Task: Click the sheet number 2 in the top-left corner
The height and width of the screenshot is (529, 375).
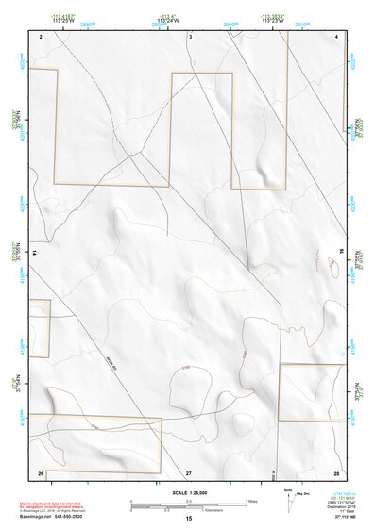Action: click(42, 36)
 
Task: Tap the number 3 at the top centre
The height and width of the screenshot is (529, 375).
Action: click(190, 36)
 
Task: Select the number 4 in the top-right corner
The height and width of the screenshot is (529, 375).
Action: click(337, 36)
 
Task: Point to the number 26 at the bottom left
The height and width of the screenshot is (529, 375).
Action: click(41, 471)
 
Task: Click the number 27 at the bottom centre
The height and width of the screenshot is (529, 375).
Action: click(189, 471)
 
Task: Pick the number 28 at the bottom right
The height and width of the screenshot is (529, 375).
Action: click(336, 471)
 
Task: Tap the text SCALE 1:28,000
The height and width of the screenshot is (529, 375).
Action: click(189, 493)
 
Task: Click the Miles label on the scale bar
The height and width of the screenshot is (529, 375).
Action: click(251, 500)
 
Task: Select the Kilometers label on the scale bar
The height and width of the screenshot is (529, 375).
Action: click(195, 510)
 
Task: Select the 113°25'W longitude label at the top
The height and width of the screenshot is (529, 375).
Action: click(64, 21)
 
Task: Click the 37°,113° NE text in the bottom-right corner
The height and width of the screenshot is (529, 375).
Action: click(335, 518)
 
